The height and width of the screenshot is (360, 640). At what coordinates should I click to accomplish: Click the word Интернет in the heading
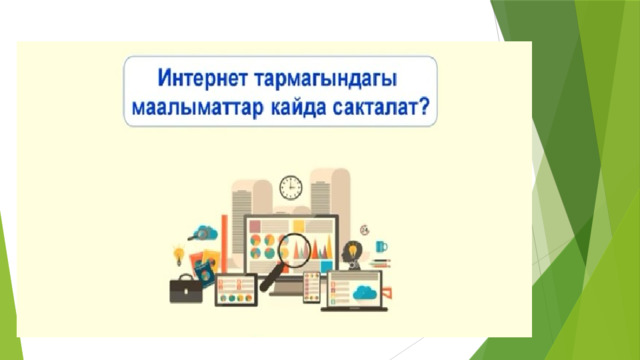pyautogui.click(x=202, y=78)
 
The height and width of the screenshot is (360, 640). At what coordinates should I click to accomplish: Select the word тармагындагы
pyautogui.click(x=325, y=80)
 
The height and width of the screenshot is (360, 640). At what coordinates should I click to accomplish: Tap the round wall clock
pyautogui.click(x=291, y=188)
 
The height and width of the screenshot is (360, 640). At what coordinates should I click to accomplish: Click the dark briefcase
pyautogui.click(x=186, y=289)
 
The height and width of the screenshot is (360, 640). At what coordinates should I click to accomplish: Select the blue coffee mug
pyautogui.click(x=381, y=246)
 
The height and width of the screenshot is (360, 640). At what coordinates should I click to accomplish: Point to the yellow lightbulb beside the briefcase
pyautogui.click(x=178, y=255)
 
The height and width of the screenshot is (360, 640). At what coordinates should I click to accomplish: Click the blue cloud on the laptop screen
pyautogui.click(x=365, y=292)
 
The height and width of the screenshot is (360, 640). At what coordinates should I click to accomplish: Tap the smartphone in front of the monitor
pyautogui.click(x=311, y=287)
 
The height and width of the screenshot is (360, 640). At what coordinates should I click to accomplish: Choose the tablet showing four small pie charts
pyautogui.click(x=236, y=290)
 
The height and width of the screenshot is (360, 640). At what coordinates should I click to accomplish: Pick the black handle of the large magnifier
pyautogui.click(x=270, y=278)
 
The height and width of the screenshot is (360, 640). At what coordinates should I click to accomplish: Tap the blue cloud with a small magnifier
pyautogui.click(x=204, y=233)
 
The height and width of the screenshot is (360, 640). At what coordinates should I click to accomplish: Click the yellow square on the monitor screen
pyautogui.click(x=298, y=226)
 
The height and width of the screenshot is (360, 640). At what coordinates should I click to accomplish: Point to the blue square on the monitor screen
pyautogui.click(x=326, y=266)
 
